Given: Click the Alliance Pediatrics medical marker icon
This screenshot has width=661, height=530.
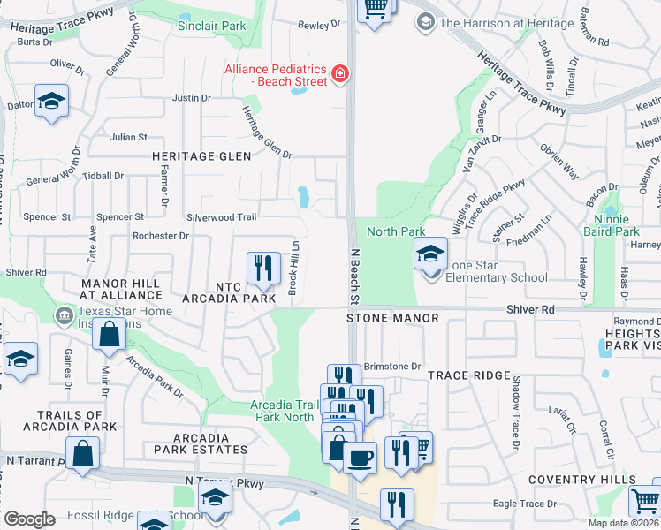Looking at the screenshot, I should tap(338, 73).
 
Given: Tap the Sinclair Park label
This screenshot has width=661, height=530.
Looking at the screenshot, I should tap(211, 26).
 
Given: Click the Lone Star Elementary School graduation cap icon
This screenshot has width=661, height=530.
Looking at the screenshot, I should tap(430, 256).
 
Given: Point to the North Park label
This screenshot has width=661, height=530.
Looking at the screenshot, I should tap(396, 231).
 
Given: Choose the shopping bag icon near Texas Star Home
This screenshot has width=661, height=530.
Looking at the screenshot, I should tap(109, 336).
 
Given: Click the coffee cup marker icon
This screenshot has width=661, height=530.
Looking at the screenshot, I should tap(360, 458).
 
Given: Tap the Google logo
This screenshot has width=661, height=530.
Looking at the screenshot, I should tap(29, 519).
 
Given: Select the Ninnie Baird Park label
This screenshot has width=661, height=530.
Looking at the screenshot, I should tap(611, 226).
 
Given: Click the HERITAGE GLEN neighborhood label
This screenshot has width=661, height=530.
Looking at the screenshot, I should tap(201, 156).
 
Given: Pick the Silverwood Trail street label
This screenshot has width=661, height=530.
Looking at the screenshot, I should tap(221, 217).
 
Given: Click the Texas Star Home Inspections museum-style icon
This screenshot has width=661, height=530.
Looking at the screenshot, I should tap(64, 315).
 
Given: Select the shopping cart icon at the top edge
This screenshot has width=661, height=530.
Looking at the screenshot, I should tap(375, 9).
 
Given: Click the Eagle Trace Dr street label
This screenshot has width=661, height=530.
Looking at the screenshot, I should tap(525, 503).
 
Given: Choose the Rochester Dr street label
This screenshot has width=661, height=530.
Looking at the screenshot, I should tap(160, 236).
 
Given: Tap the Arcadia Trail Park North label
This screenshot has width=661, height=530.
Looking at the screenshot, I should tap(282, 411).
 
